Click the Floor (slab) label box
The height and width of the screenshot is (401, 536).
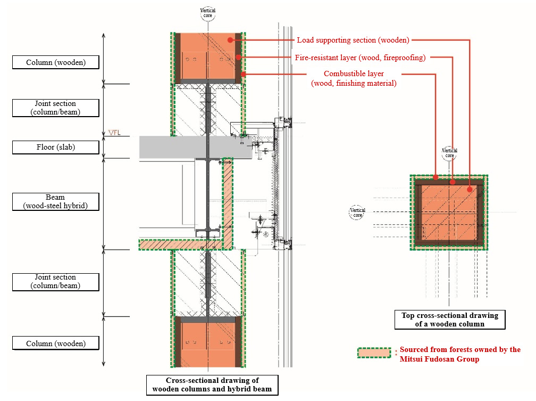pos(56,148)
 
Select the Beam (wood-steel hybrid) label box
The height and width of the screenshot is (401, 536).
pos(56,202)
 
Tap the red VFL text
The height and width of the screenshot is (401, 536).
pos(114,132)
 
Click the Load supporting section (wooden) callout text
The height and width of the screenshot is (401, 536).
pos(353,40)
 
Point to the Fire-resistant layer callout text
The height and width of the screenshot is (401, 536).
pos(361,58)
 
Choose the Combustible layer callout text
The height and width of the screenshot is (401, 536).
pos(354,78)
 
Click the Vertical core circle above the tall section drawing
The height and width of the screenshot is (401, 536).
pos(208,13)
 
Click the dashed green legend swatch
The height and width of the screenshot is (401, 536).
pos(374,353)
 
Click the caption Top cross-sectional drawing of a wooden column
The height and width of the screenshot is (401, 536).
pos(450,320)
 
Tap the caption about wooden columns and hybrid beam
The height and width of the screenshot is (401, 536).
pos(212,385)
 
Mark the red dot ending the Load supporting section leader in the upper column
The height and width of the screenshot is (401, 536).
pos(230,40)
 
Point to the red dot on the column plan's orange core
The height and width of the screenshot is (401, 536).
pos(470,189)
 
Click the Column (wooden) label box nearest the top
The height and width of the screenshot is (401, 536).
pos(56,62)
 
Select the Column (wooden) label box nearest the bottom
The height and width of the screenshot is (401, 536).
pos(56,343)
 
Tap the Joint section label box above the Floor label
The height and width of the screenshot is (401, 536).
pos(56,108)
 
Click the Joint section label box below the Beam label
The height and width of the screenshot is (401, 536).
pos(56,282)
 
